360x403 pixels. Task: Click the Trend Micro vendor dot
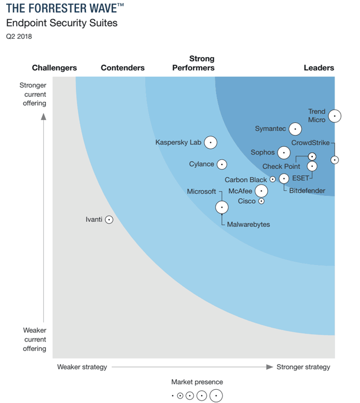(335, 116)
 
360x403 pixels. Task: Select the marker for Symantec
(295, 129)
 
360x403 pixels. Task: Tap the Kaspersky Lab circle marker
(210, 142)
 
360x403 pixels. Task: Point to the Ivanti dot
(109, 220)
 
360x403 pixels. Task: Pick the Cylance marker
(222, 164)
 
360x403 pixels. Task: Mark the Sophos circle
(284, 152)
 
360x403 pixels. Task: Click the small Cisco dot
(261, 201)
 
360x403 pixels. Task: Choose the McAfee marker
(261, 191)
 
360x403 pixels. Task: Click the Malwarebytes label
(249, 225)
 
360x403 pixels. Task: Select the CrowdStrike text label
(310, 143)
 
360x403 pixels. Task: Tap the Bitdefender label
(307, 191)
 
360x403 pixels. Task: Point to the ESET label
(300, 178)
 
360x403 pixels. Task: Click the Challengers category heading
(54, 68)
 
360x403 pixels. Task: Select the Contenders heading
(122, 68)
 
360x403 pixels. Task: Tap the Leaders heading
(319, 68)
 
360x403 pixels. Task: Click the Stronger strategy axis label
(303, 367)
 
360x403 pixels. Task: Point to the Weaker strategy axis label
(82, 367)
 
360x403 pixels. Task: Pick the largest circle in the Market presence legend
(216, 395)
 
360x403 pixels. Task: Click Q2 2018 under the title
(19, 37)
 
